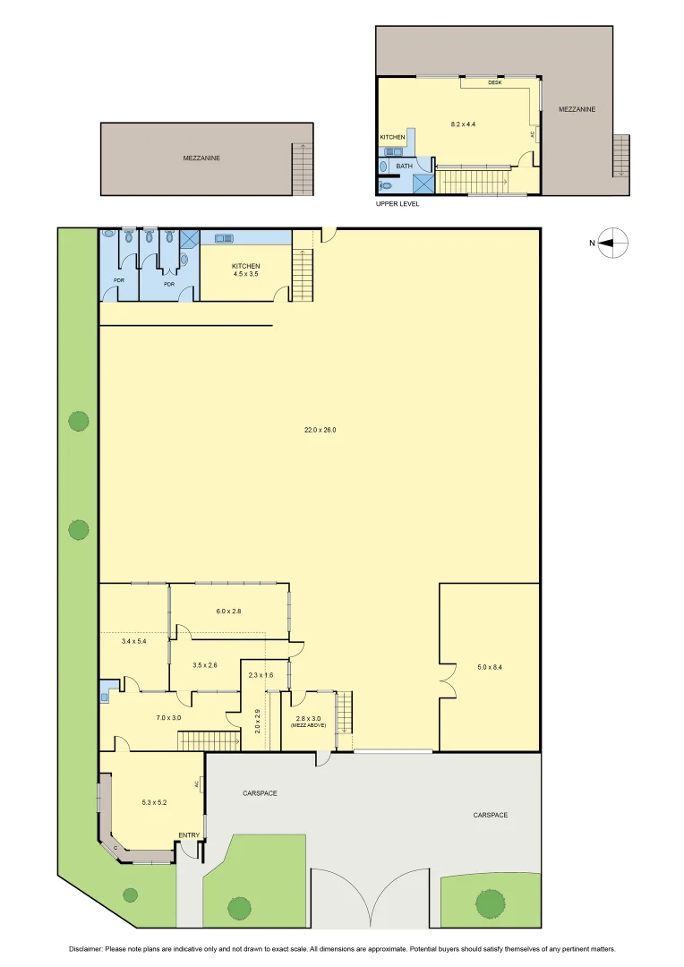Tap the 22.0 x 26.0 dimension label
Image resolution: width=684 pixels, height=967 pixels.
320,430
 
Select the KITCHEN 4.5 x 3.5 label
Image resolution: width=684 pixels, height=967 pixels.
245,270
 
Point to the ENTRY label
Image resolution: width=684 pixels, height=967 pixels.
188,835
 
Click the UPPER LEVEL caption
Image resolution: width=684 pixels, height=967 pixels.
398,204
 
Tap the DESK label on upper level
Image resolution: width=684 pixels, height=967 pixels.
494,82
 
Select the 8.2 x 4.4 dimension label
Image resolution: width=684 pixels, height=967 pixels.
462,124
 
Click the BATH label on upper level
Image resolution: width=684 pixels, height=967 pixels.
405,166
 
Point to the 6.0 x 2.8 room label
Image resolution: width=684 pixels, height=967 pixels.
229,611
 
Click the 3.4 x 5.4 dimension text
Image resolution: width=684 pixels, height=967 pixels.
133,640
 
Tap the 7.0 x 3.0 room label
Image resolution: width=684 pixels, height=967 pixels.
168,717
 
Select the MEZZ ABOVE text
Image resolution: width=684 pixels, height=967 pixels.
308,725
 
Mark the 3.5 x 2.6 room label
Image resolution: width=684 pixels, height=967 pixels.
206,665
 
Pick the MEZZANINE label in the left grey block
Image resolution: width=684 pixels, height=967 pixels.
201,158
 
